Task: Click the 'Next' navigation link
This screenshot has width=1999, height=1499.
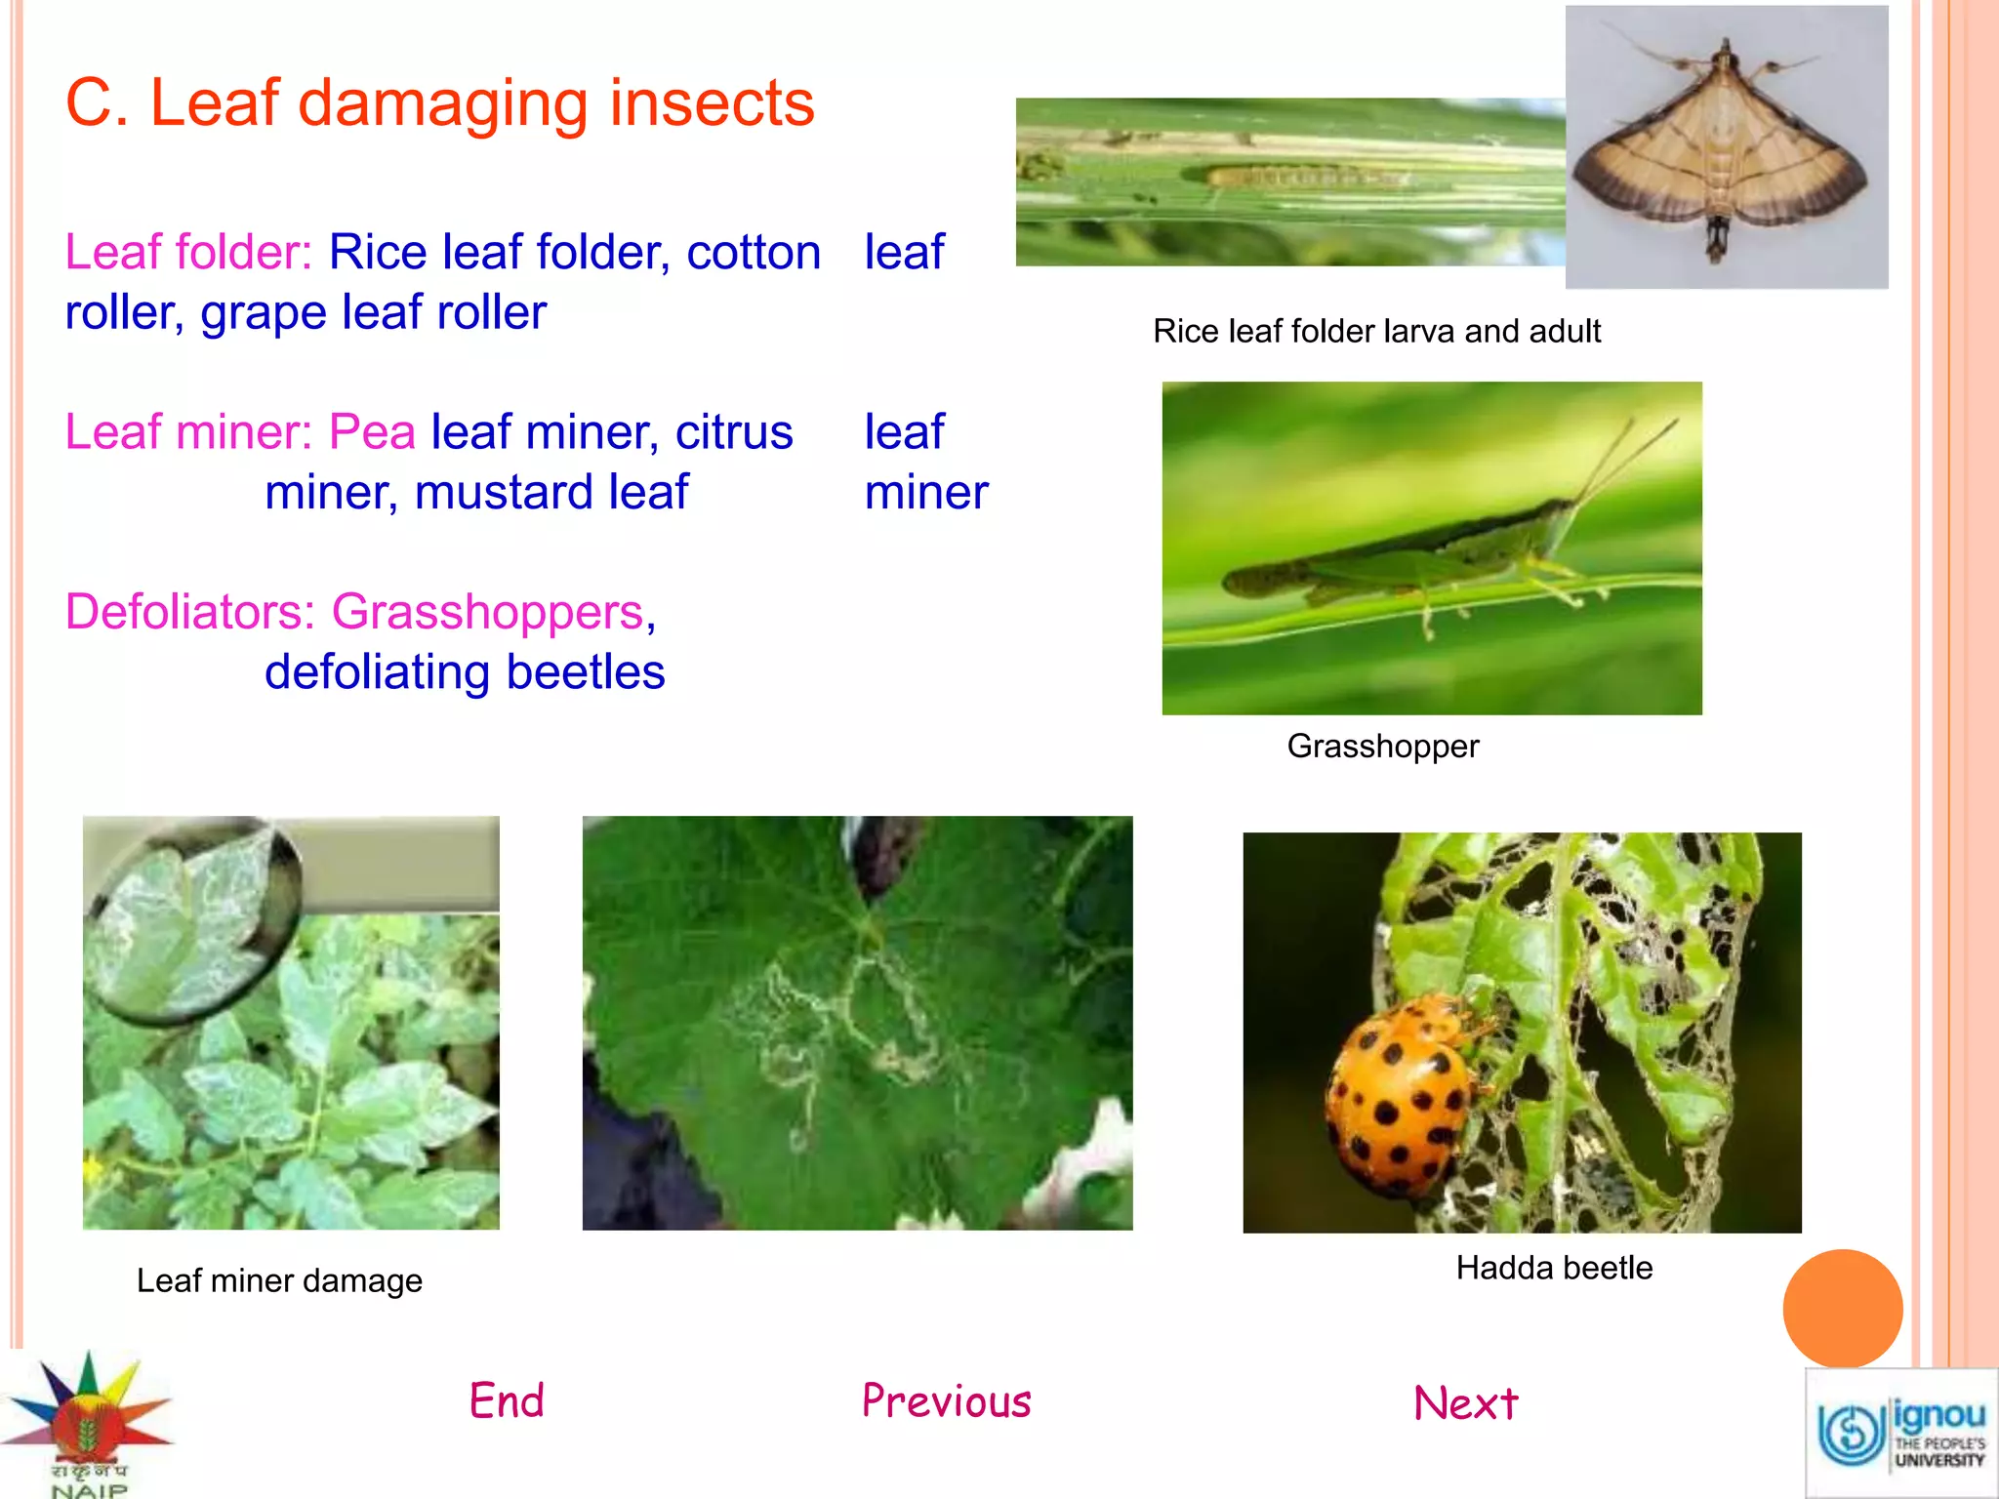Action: [1465, 1403]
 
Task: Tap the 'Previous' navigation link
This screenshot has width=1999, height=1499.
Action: [946, 1400]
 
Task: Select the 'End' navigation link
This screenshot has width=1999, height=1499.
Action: [507, 1400]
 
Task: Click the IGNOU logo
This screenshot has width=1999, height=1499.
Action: [1900, 1433]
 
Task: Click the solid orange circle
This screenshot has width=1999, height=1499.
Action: [1842, 1308]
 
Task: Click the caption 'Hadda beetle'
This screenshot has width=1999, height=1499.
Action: [1554, 1268]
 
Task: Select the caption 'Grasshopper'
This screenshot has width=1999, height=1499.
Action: [1382, 747]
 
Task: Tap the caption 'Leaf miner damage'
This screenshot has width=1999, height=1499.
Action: [279, 1280]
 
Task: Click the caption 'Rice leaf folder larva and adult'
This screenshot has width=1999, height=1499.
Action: [1376, 332]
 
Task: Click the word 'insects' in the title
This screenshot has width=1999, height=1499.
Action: [712, 102]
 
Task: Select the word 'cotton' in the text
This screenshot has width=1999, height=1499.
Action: [754, 253]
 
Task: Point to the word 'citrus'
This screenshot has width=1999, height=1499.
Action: [734, 432]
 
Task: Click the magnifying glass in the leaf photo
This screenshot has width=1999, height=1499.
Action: [190, 917]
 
